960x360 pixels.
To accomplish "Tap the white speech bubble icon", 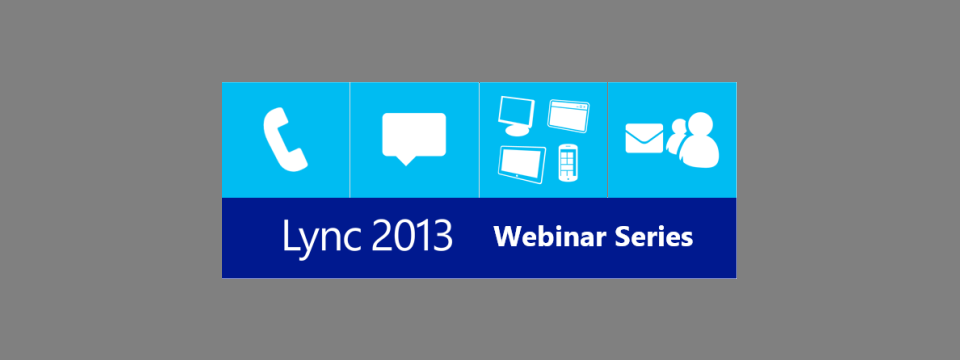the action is click(414, 138).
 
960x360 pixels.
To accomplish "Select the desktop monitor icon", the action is click(516, 116).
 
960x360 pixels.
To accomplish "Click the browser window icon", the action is click(568, 115).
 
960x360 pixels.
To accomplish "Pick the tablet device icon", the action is click(522, 164).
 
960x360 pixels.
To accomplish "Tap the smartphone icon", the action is click(569, 163).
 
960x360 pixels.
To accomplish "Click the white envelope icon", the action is click(644, 138).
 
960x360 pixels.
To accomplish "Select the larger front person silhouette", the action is click(700, 140).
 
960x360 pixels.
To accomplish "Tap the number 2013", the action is click(412, 236).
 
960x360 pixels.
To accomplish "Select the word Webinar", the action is click(550, 236).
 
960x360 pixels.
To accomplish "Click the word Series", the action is click(654, 237).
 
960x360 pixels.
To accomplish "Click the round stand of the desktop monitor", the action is click(517, 130).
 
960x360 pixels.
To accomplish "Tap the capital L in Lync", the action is click(290, 236).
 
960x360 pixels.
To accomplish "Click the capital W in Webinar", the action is click(507, 236).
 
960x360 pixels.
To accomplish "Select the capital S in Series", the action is click(622, 237).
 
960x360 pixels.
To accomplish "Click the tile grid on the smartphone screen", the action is click(569, 162).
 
